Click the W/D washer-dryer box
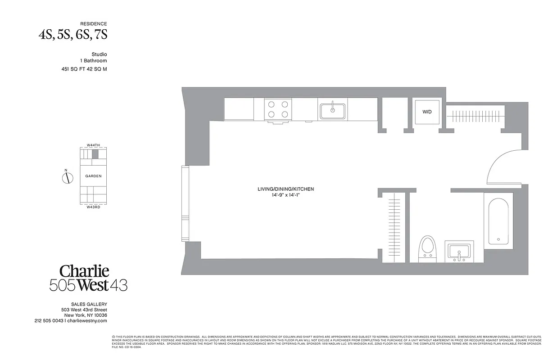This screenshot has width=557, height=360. click(427, 111)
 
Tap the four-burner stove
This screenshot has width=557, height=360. click(278, 109)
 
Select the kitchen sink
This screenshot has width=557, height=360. click(332, 110)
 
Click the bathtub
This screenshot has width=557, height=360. click(498, 221)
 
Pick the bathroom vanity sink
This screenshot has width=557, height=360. click(459, 251)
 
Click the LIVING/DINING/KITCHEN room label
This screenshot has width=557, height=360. click(285, 189)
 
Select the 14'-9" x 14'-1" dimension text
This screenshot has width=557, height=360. click(285, 196)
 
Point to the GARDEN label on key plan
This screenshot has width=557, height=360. click(94, 176)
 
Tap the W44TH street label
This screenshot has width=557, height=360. click(93, 145)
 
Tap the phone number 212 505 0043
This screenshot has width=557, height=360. click(49, 321)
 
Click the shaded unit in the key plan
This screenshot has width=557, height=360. click(95, 154)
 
